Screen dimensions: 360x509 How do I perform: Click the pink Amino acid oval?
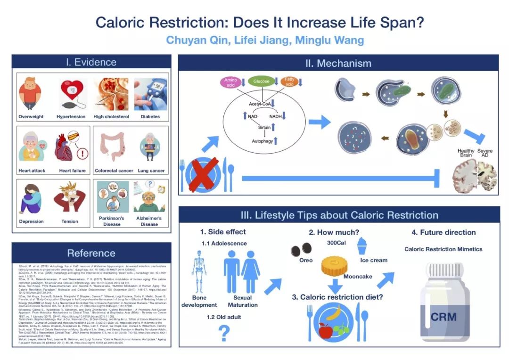click(x=230, y=82)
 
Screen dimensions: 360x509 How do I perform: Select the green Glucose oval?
click(x=261, y=82)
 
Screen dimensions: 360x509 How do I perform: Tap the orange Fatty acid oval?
click(x=289, y=82)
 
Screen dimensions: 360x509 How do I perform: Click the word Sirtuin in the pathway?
click(x=264, y=127)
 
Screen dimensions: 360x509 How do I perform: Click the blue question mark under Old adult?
click(x=224, y=333)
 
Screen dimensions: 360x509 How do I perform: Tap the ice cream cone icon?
click(x=362, y=245)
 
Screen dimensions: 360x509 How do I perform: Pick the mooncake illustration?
click(x=334, y=266)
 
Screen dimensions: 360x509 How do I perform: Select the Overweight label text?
click(x=31, y=117)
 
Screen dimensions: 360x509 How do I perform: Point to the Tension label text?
click(x=70, y=221)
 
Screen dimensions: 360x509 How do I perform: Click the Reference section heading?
click(x=91, y=253)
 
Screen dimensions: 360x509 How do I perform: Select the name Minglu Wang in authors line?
click(x=329, y=40)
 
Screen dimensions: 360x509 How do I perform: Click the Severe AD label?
click(x=484, y=154)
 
